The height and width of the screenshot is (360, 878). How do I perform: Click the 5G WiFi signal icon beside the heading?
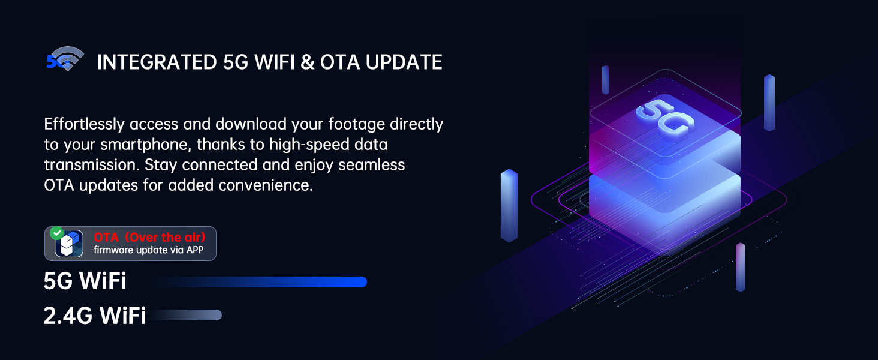point(65,59)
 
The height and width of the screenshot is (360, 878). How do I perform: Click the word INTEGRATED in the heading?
point(157,62)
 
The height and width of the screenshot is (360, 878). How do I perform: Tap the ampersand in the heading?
point(308,62)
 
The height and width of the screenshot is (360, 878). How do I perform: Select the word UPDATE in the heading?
point(404,62)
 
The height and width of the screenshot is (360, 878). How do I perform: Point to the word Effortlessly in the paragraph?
point(84,124)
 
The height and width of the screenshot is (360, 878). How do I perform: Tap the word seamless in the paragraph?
point(372,165)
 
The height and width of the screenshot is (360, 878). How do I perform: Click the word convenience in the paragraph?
point(266,185)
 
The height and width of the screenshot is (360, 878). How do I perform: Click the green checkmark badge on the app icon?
point(57,233)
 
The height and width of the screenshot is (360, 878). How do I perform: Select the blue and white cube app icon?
point(69,244)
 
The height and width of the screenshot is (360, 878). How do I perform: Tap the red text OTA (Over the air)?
point(149,237)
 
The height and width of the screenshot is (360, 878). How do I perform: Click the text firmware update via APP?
point(149,250)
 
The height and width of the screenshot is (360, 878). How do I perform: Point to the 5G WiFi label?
point(85,281)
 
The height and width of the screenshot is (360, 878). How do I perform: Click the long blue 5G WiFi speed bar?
point(260,282)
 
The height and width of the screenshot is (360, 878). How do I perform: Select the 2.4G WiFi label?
point(95,315)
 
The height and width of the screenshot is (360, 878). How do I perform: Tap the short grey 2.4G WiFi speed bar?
point(185,315)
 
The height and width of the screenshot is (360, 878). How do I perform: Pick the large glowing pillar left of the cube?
point(509,205)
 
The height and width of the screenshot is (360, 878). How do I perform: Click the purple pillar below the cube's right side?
point(741,268)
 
